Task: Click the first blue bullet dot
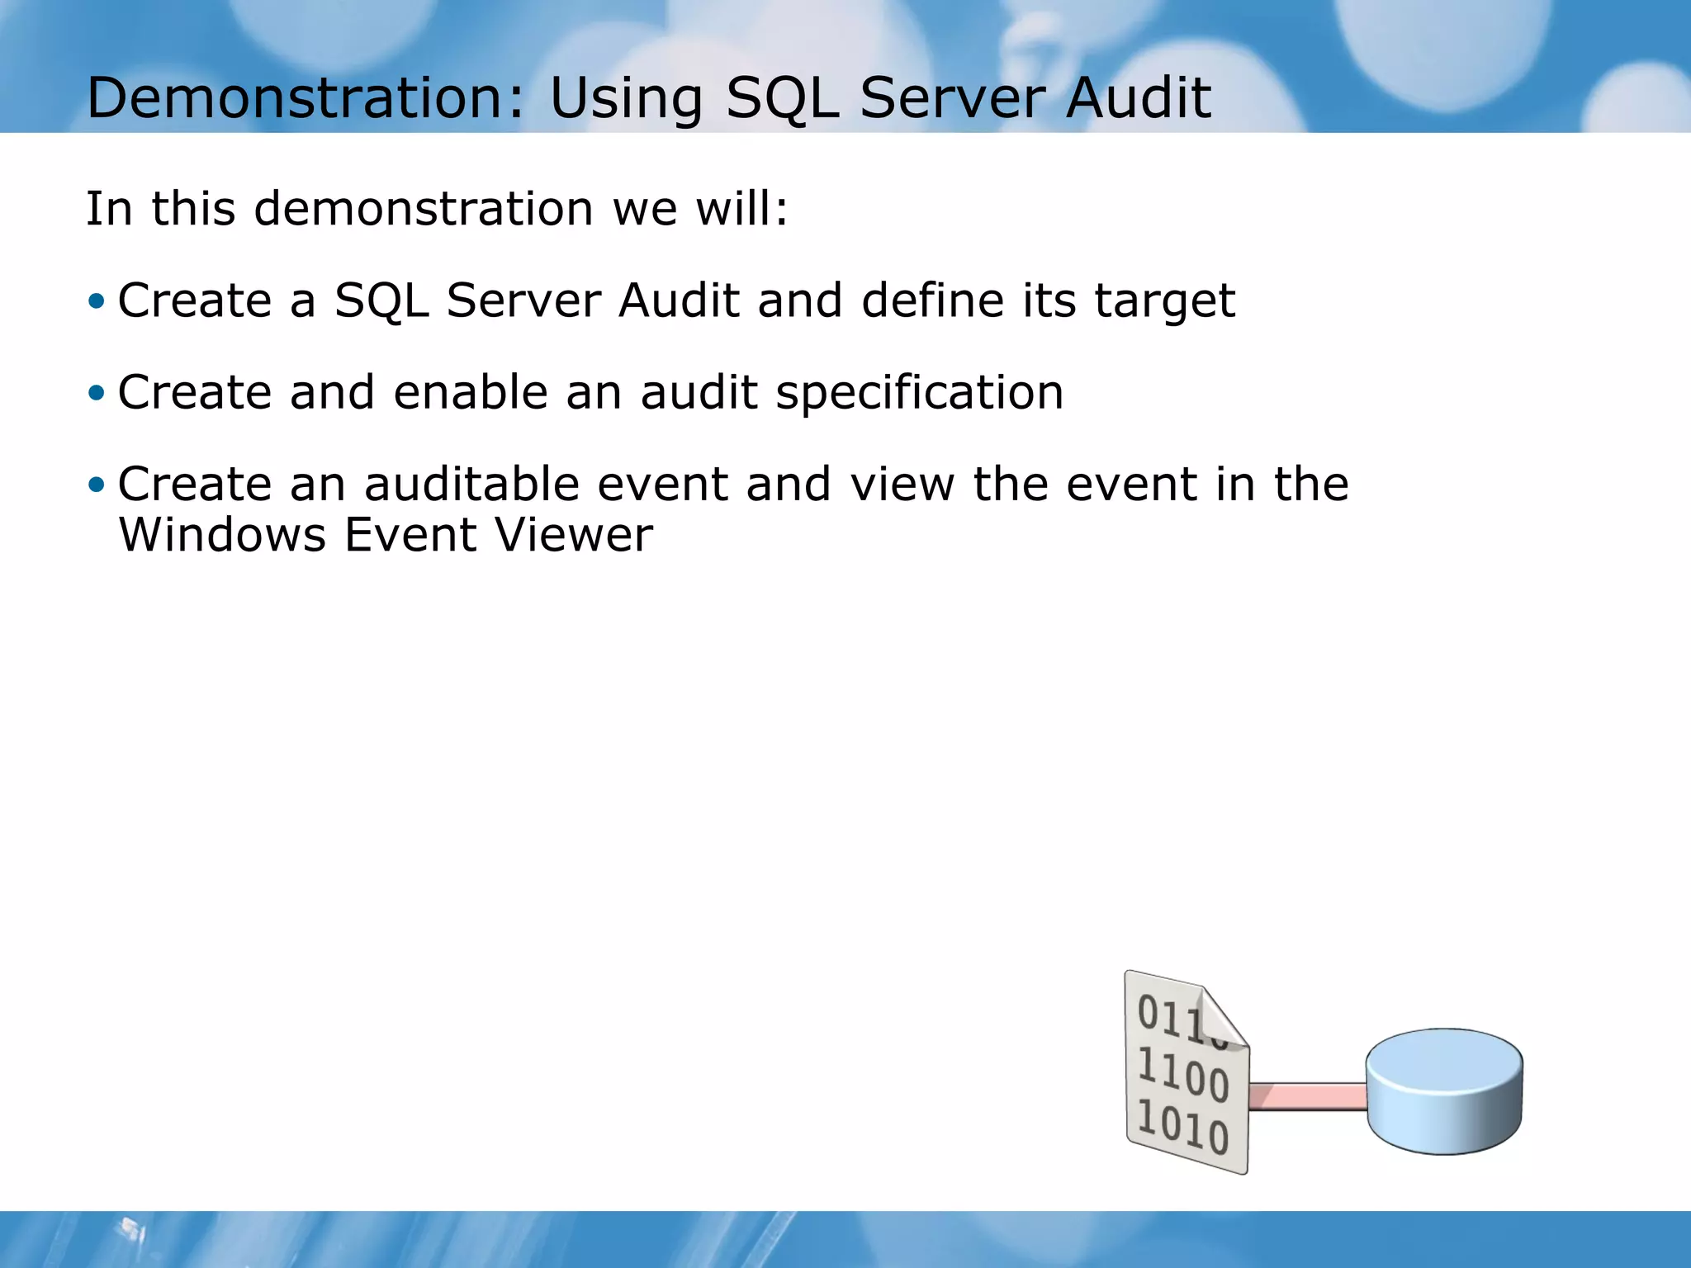tap(97, 300)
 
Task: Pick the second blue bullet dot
tap(97, 392)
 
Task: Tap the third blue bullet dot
tap(97, 484)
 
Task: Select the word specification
tap(919, 394)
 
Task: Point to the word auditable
tap(472, 484)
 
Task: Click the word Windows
tap(222, 535)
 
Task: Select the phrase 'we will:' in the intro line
tap(701, 208)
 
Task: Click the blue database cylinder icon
tap(1443, 1092)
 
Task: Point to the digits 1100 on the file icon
tap(1183, 1075)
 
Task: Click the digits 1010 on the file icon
tap(1183, 1126)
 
